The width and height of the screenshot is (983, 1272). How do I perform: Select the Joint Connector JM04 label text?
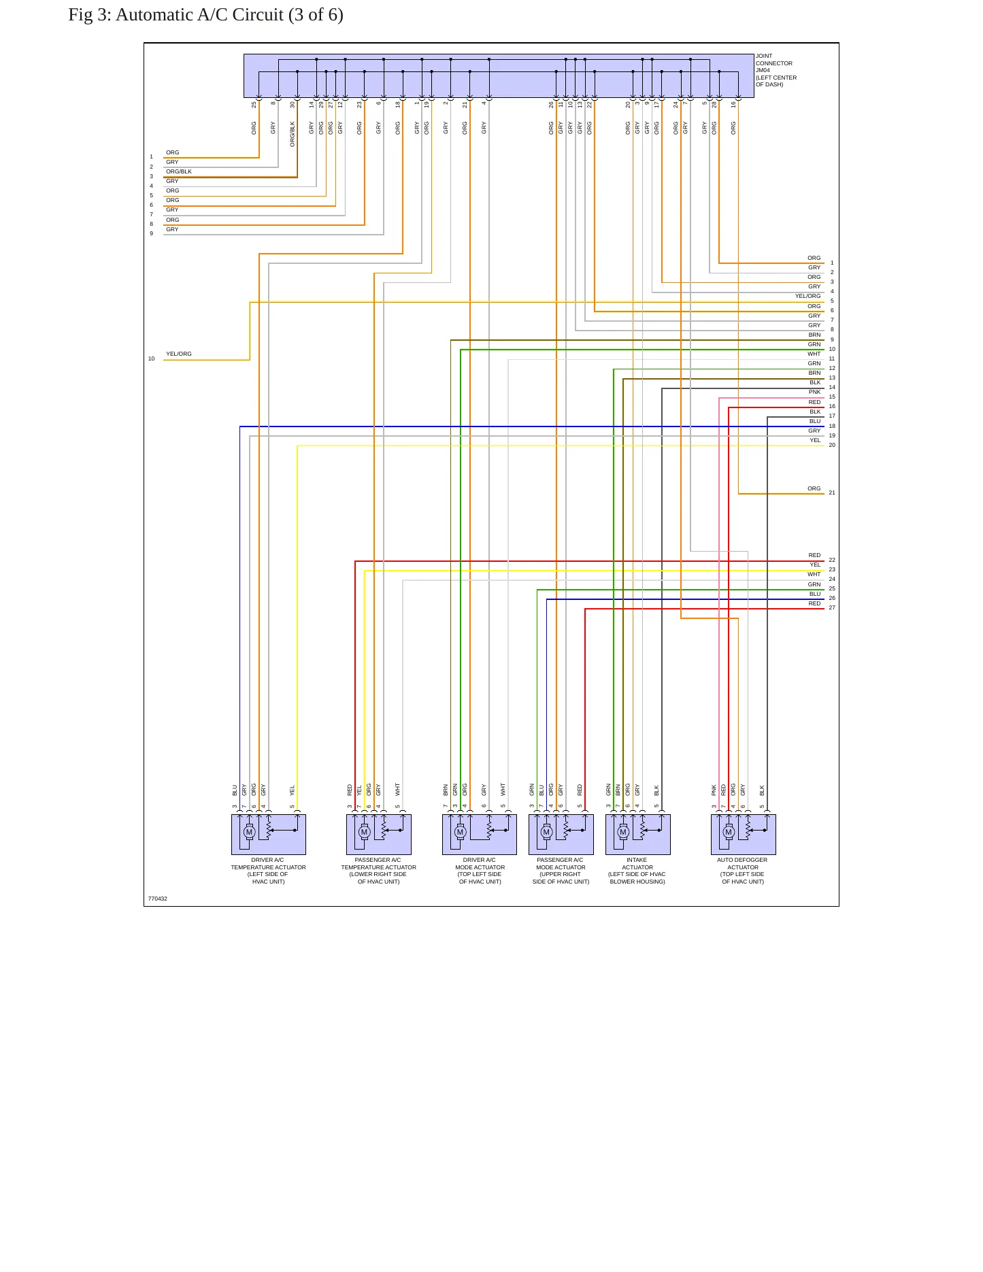(776, 71)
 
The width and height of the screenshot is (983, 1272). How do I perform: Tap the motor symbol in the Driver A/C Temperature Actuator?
(249, 832)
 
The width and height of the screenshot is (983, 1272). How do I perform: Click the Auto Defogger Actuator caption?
(743, 871)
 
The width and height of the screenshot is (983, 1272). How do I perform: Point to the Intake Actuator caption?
(637, 871)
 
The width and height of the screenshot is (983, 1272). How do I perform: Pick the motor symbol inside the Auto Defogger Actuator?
(729, 832)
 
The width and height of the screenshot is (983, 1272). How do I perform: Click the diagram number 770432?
(157, 899)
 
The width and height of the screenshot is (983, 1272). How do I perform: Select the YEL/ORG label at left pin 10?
(179, 354)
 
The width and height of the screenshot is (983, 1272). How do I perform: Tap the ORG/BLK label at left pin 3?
(179, 171)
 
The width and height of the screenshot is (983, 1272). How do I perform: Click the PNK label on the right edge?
(814, 392)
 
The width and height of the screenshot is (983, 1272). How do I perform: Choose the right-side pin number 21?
(832, 492)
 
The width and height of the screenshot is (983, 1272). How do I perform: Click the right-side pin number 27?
(832, 607)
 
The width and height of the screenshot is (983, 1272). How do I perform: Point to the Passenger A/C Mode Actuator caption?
(561, 871)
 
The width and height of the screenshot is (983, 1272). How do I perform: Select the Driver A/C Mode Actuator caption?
(480, 871)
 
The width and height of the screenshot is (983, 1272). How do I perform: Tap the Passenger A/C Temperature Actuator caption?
(378, 871)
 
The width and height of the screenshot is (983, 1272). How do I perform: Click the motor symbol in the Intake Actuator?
(623, 832)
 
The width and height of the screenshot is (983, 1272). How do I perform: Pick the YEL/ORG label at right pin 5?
(808, 296)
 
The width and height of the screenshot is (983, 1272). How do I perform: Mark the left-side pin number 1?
(151, 157)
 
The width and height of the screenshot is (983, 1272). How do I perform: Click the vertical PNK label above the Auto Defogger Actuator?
(714, 790)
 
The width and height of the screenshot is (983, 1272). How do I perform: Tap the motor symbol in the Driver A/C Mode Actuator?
(460, 832)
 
